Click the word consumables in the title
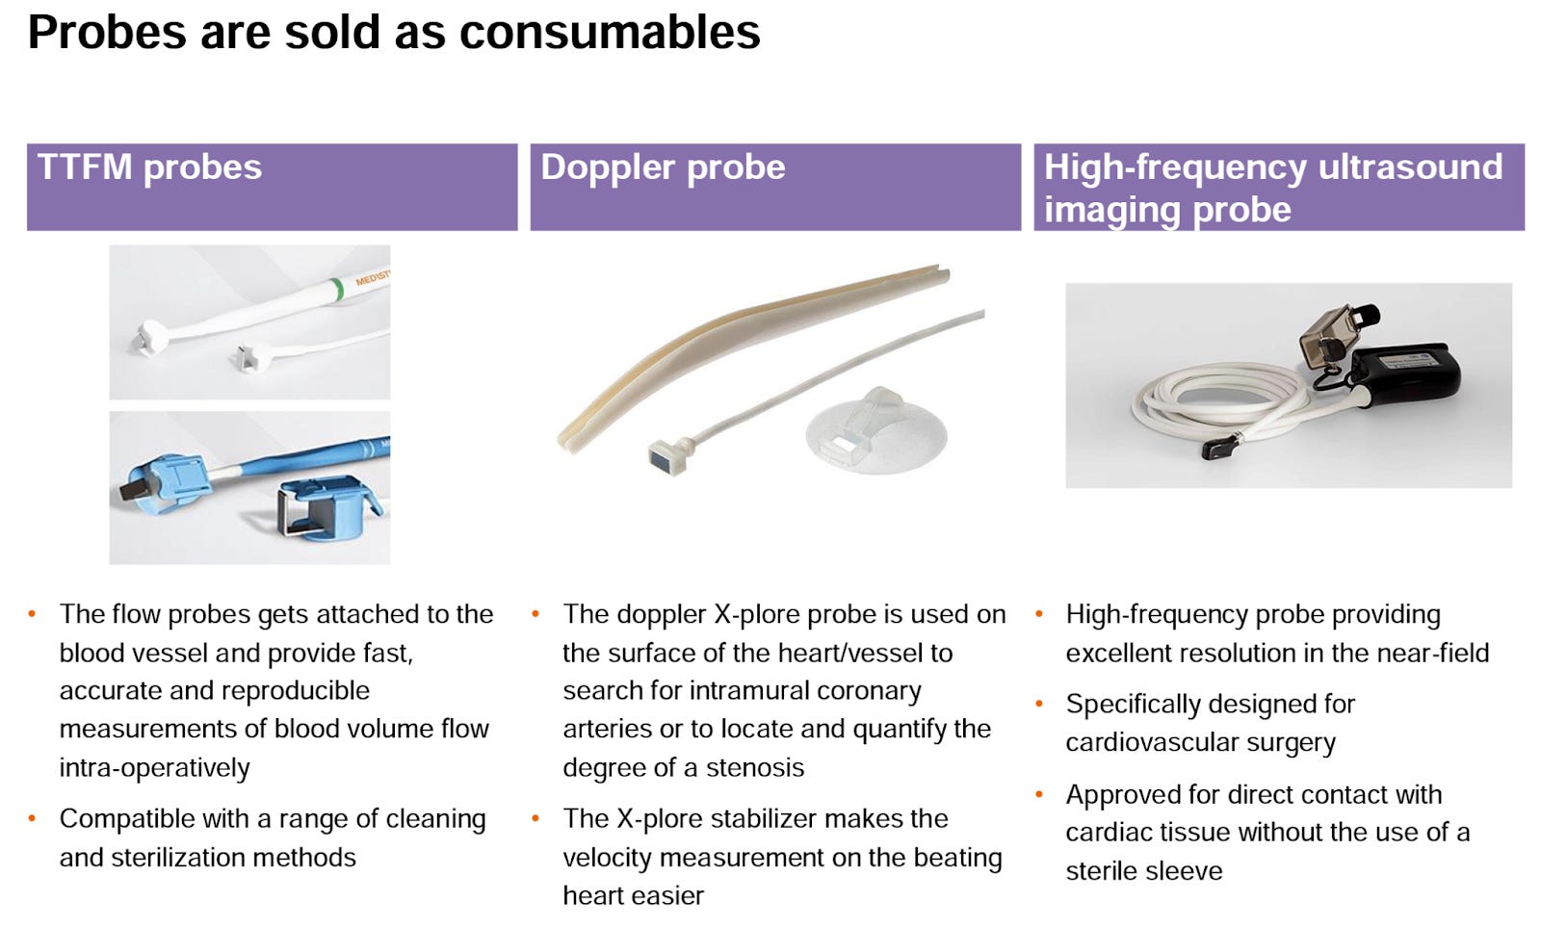[x=609, y=33]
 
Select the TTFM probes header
[x=149, y=167]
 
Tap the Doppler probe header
[x=663, y=167]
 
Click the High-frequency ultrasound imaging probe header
[x=1272, y=188]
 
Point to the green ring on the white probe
[x=336, y=288]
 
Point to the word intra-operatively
[x=154, y=768]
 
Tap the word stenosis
[x=755, y=768]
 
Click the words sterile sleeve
[x=1143, y=871]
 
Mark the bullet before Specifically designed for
[x=1039, y=705]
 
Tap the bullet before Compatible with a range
[x=33, y=819]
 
